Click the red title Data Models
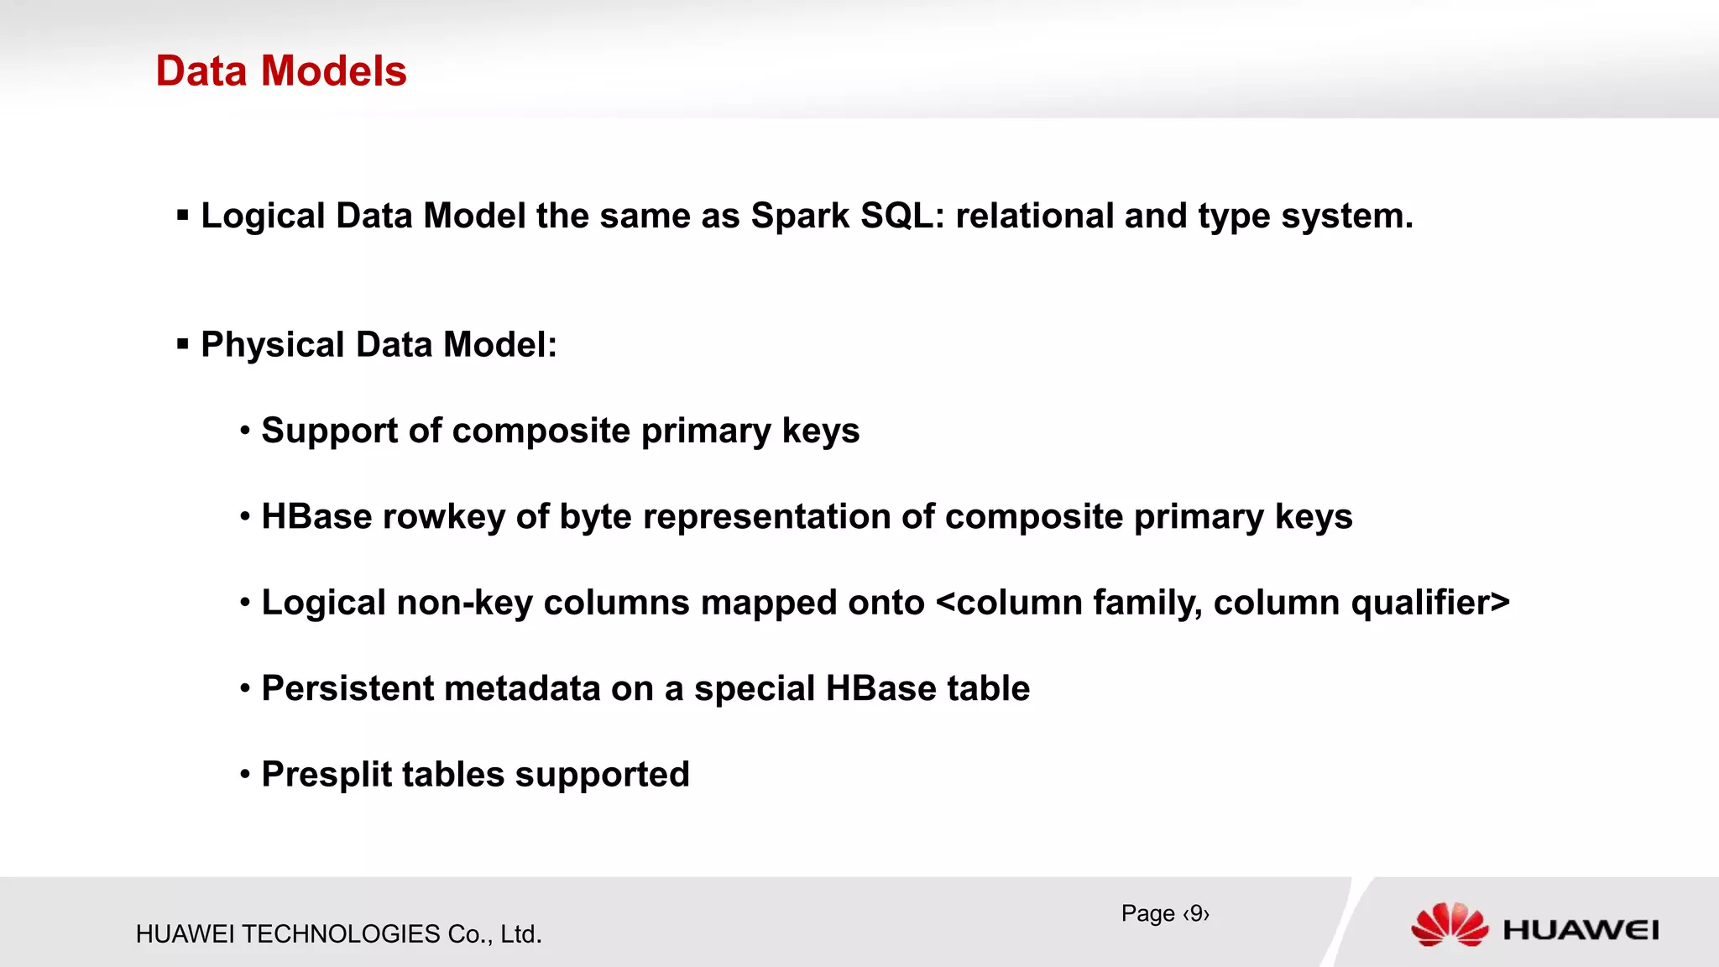pos(281,71)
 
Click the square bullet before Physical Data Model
pos(183,344)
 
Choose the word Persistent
pos(347,689)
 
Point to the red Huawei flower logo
pos(1450,925)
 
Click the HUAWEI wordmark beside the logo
pos(1581,930)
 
